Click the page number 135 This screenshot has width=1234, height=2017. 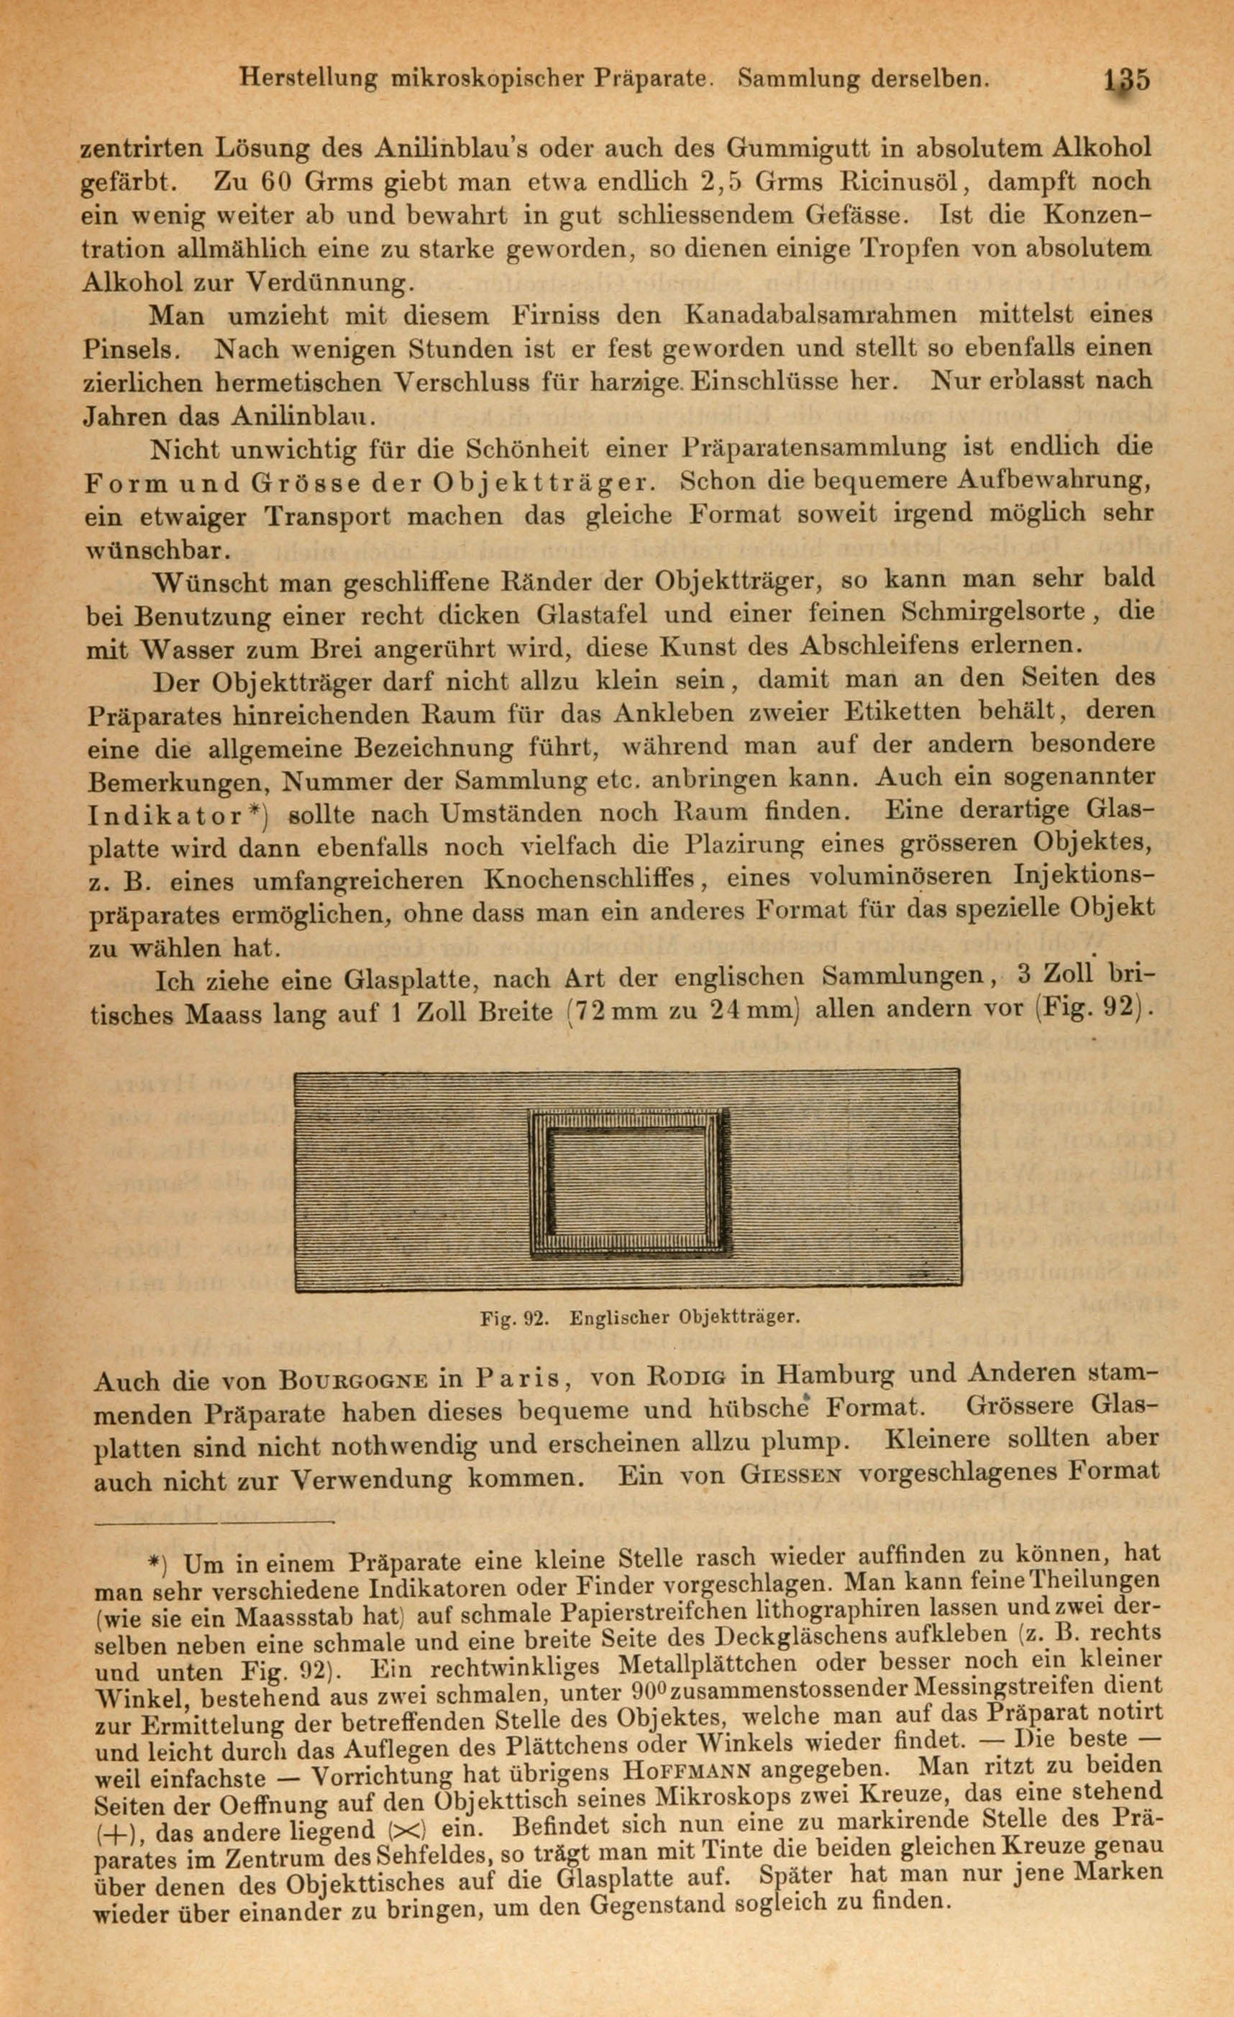[x=1127, y=81]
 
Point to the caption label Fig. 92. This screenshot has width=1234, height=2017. [x=512, y=1319]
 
